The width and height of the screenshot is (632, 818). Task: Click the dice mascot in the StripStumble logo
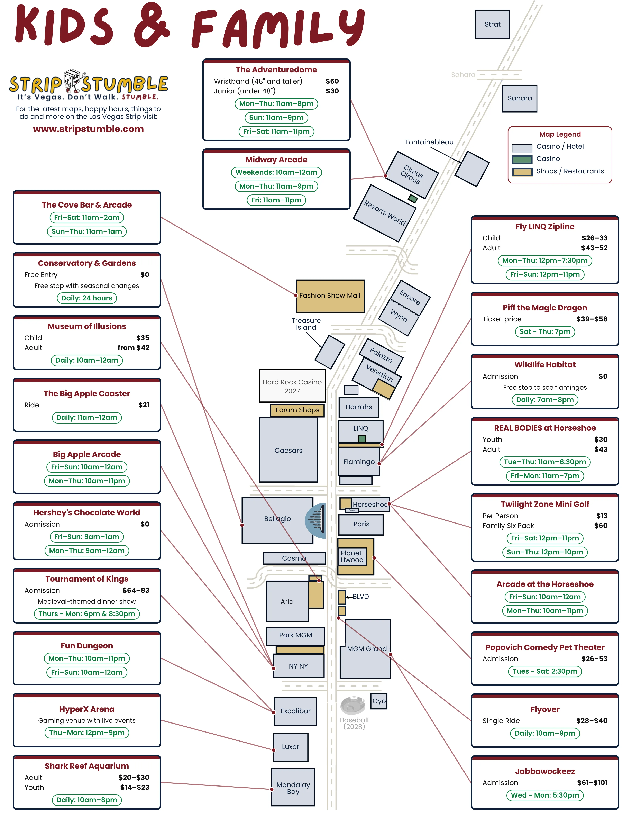click(x=73, y=81)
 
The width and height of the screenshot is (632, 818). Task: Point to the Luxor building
click(x=291, y=747)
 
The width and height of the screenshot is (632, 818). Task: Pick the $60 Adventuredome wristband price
click(x=332, y=81)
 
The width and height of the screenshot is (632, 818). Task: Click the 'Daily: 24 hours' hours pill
click(x=87, y=298)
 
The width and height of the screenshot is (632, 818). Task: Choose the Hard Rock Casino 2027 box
click(x=292, y=386)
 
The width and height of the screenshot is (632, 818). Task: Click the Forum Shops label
click(x=297, y=410)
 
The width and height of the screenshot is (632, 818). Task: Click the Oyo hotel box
click(x=379, y=701)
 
